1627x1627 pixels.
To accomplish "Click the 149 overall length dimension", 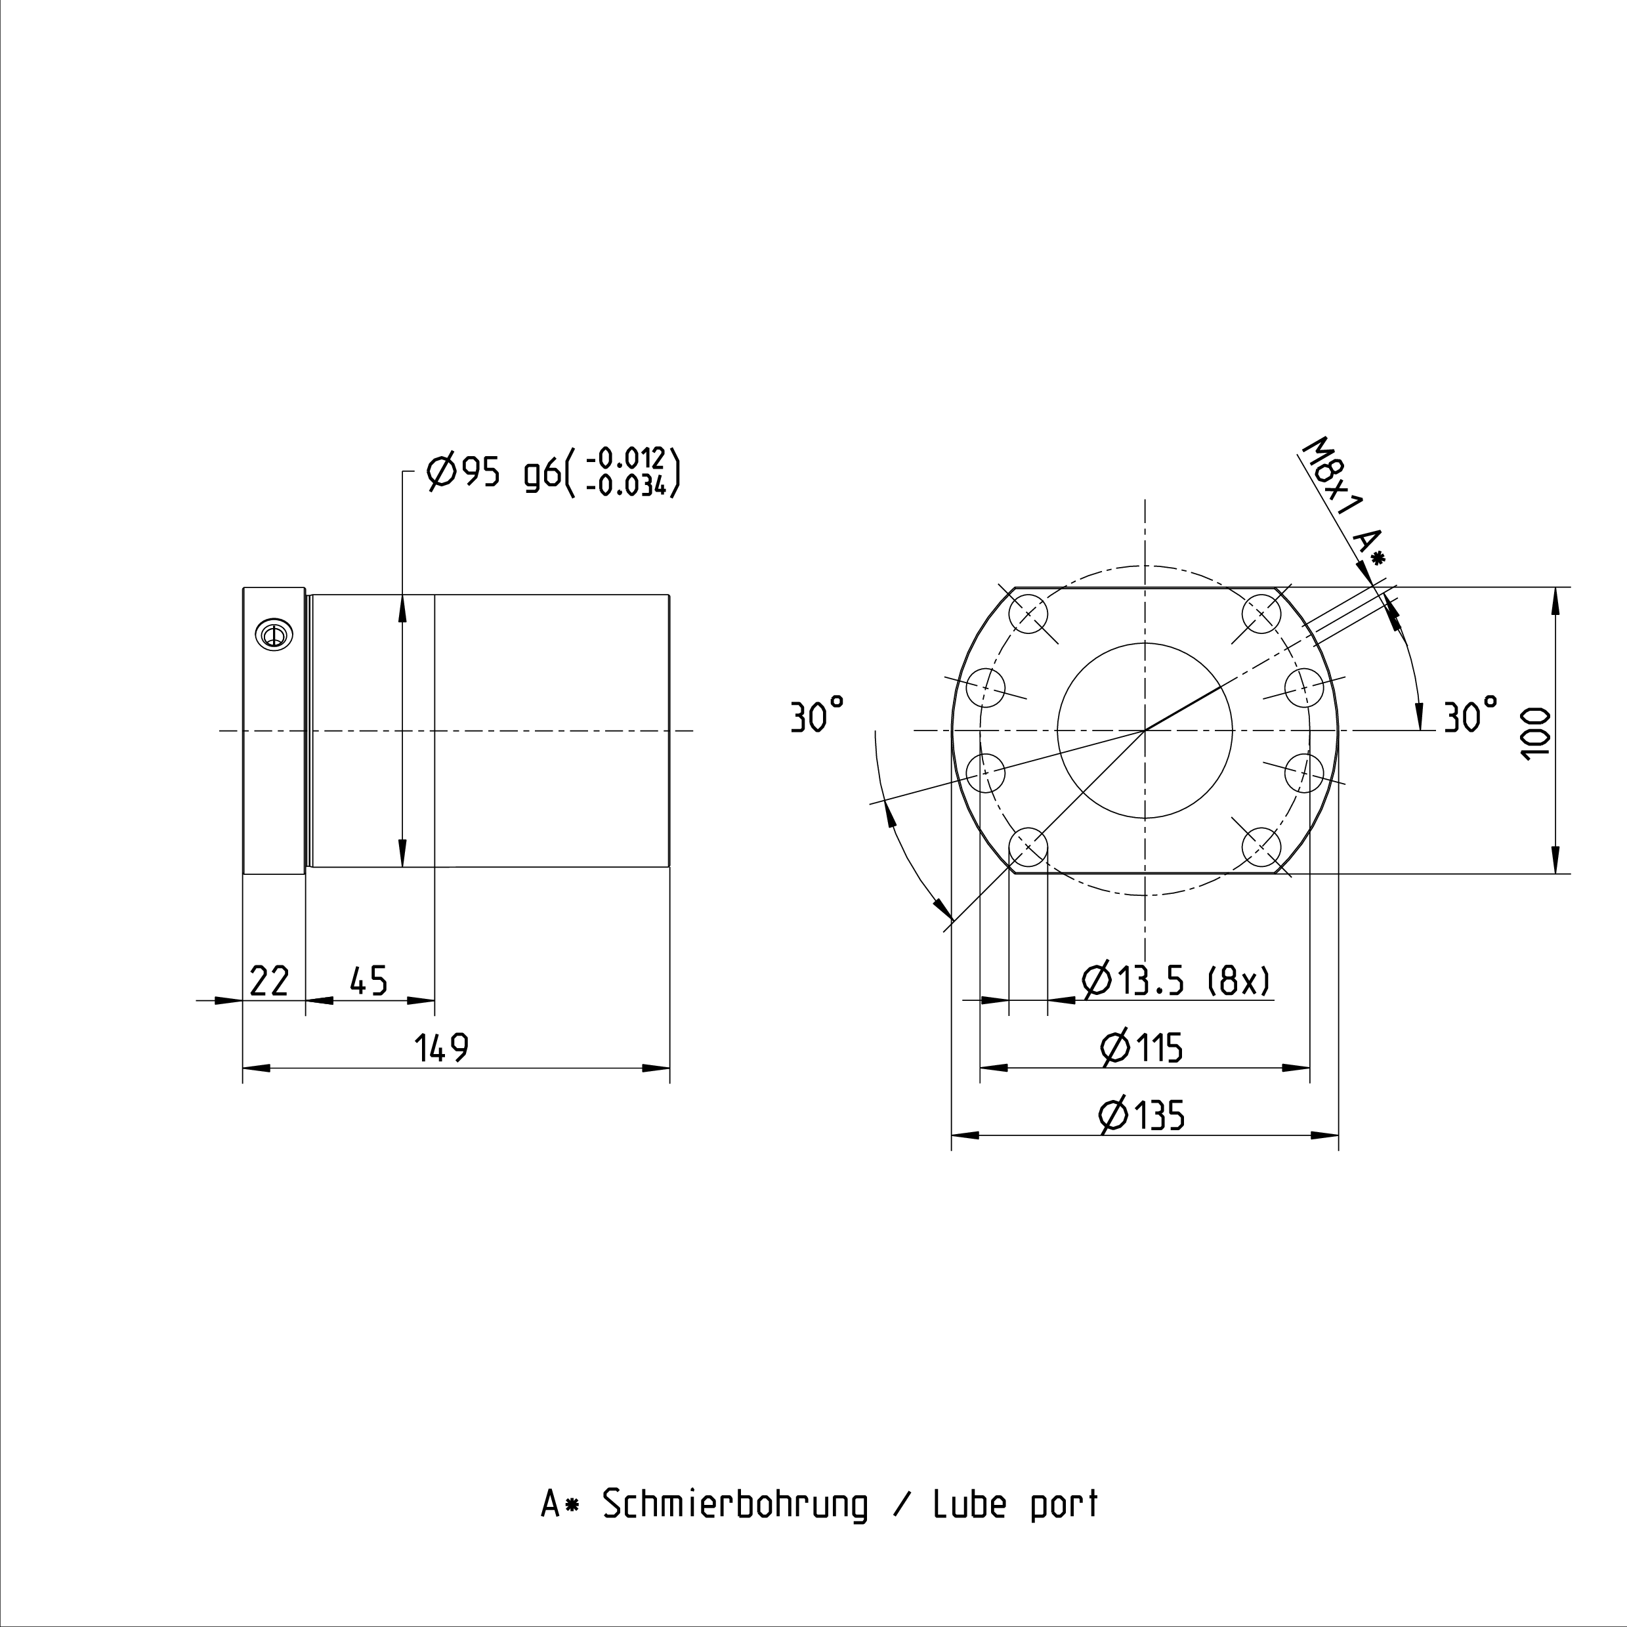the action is tap(441, 1048).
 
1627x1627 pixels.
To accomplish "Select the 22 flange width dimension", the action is tap(270, 981).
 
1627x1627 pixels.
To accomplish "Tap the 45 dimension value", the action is tap(368, 981).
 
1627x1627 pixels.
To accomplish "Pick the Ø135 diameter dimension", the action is tap(1142, 1116).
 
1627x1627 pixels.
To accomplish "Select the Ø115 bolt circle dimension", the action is tap(1142, 1048).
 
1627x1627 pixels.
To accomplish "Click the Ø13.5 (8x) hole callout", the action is tap(1175, 981).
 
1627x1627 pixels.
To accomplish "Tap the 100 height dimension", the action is tap(1537, 732).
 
